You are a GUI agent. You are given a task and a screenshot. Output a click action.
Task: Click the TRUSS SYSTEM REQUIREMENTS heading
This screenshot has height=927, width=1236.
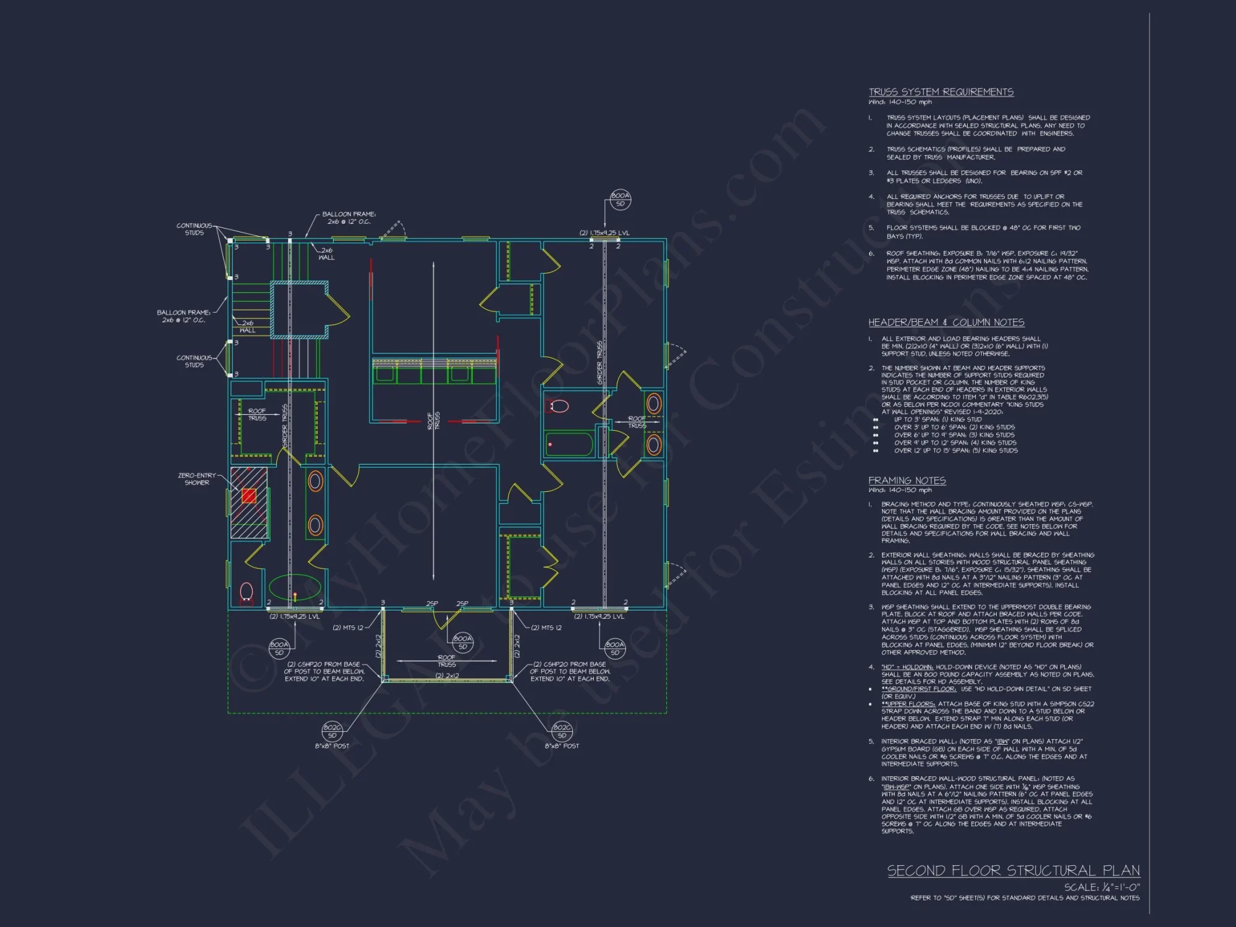941,92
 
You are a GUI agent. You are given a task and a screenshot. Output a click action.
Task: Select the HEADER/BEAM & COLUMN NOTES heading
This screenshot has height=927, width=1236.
946,323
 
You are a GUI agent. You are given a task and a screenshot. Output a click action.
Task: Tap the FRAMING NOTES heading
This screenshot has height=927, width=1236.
907,481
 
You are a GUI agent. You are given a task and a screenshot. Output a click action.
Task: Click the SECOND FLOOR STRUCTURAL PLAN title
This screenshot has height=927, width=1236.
1014,871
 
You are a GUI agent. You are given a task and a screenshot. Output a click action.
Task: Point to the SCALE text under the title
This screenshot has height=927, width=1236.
1101,887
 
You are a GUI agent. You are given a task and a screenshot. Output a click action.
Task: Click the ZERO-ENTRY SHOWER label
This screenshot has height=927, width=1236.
197,479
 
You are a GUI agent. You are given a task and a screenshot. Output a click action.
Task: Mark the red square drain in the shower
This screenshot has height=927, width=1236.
249,496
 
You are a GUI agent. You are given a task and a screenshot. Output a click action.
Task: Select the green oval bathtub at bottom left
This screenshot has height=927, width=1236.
295,588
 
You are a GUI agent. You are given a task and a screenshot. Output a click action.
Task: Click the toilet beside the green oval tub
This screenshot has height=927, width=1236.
247,592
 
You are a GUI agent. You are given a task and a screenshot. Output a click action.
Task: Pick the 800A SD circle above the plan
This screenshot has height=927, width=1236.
620,200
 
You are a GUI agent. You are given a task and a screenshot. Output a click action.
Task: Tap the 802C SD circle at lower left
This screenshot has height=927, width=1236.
332,732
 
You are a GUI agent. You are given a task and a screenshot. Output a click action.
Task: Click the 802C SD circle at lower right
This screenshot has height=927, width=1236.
562,732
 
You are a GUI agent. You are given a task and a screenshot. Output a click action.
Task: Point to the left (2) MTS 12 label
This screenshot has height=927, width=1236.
348,628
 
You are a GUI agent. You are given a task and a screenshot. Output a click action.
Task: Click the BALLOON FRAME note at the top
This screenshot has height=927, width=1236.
349,218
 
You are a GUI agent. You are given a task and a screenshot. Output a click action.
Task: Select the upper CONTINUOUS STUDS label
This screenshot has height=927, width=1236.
194,229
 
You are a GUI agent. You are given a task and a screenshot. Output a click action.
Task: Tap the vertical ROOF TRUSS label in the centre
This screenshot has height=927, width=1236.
434,421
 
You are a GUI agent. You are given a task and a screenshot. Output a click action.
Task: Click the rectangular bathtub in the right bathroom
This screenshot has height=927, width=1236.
569,444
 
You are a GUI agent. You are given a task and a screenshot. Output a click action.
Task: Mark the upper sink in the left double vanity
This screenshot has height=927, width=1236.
315,481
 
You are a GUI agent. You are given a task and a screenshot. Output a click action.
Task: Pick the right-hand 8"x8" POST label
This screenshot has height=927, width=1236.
562,746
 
